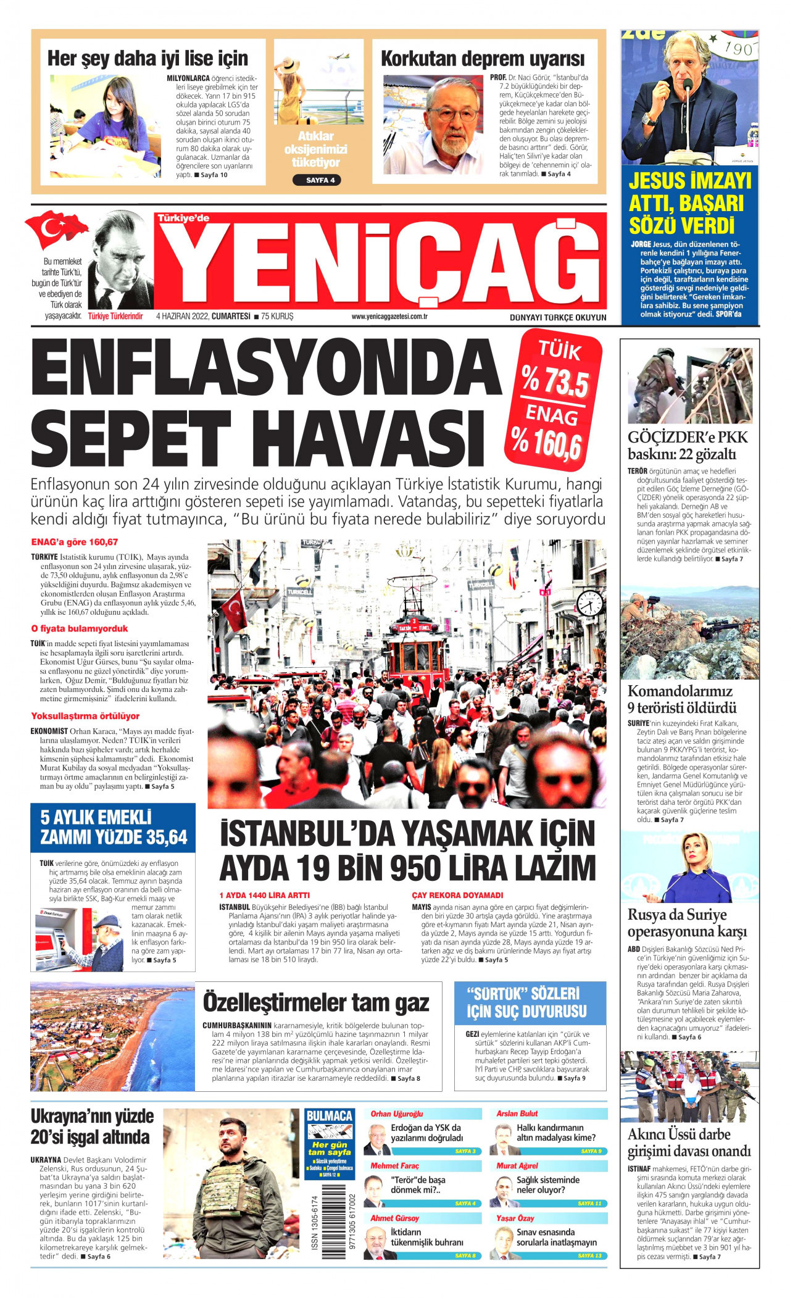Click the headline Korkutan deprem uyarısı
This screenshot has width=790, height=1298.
(x=483, y=59)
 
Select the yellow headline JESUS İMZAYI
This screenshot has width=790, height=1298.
(x=690, y=181)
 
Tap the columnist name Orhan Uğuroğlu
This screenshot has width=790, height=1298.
(x=397, y=1114)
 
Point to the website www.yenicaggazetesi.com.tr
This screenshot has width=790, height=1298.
(x=389, y=317)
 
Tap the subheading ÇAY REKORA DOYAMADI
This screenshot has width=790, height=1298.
(x=457, y=895)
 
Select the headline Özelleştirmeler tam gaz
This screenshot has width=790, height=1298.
(x=315, y=1002)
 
